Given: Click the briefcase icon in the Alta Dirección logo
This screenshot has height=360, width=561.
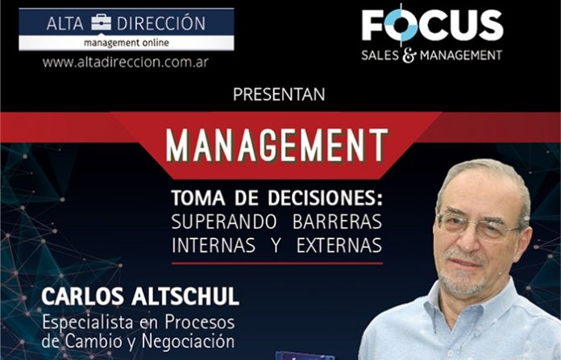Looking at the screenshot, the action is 101,23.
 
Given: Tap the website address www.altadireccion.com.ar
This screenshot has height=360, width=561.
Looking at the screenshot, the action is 125,62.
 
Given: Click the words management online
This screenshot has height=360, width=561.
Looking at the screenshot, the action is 127,43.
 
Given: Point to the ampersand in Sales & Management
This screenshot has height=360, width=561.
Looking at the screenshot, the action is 409,56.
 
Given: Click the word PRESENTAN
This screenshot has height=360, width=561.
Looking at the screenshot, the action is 279,94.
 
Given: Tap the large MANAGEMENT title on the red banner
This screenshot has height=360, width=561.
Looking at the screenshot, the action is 277,145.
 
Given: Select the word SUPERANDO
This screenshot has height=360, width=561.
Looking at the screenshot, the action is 223,221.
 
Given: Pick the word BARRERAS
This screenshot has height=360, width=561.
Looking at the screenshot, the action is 337,221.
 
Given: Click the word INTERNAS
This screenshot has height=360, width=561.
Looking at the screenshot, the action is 214,246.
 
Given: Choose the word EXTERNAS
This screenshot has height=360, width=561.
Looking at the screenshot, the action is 339,246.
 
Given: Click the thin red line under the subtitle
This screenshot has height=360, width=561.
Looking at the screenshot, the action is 277,263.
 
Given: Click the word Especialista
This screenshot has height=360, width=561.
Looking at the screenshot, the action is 89,322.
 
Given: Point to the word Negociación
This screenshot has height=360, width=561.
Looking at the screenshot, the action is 188,341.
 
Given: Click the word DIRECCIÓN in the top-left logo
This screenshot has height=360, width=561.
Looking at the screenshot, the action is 161,23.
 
